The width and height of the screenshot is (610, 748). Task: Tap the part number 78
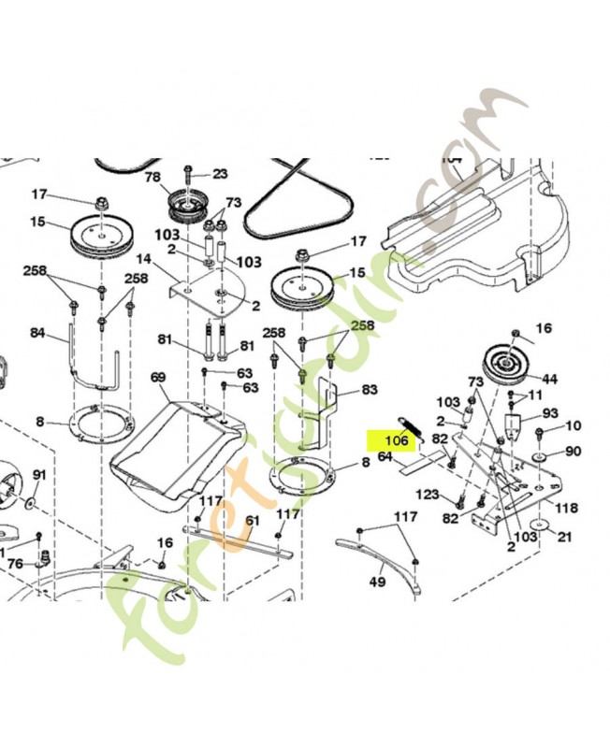(x=152, y=177)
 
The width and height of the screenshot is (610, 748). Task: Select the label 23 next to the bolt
(x=220, y=173)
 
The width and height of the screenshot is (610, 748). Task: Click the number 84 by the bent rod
(x=37, y=333)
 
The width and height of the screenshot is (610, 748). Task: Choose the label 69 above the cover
(x=158, y=377)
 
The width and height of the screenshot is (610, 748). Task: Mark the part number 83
(x=369, y=389)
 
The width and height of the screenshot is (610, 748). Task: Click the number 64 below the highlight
(x=384, y=456)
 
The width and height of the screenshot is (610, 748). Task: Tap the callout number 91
(x=38, y=475)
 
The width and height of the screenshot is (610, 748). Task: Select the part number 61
(x=253, y=521)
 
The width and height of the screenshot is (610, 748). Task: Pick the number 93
(x=550, y=413)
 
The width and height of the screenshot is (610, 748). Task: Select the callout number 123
(x=428, y=493)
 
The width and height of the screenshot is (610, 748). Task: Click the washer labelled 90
(x=544, y=455)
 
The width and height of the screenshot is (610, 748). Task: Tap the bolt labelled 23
(x=190, y=173)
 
